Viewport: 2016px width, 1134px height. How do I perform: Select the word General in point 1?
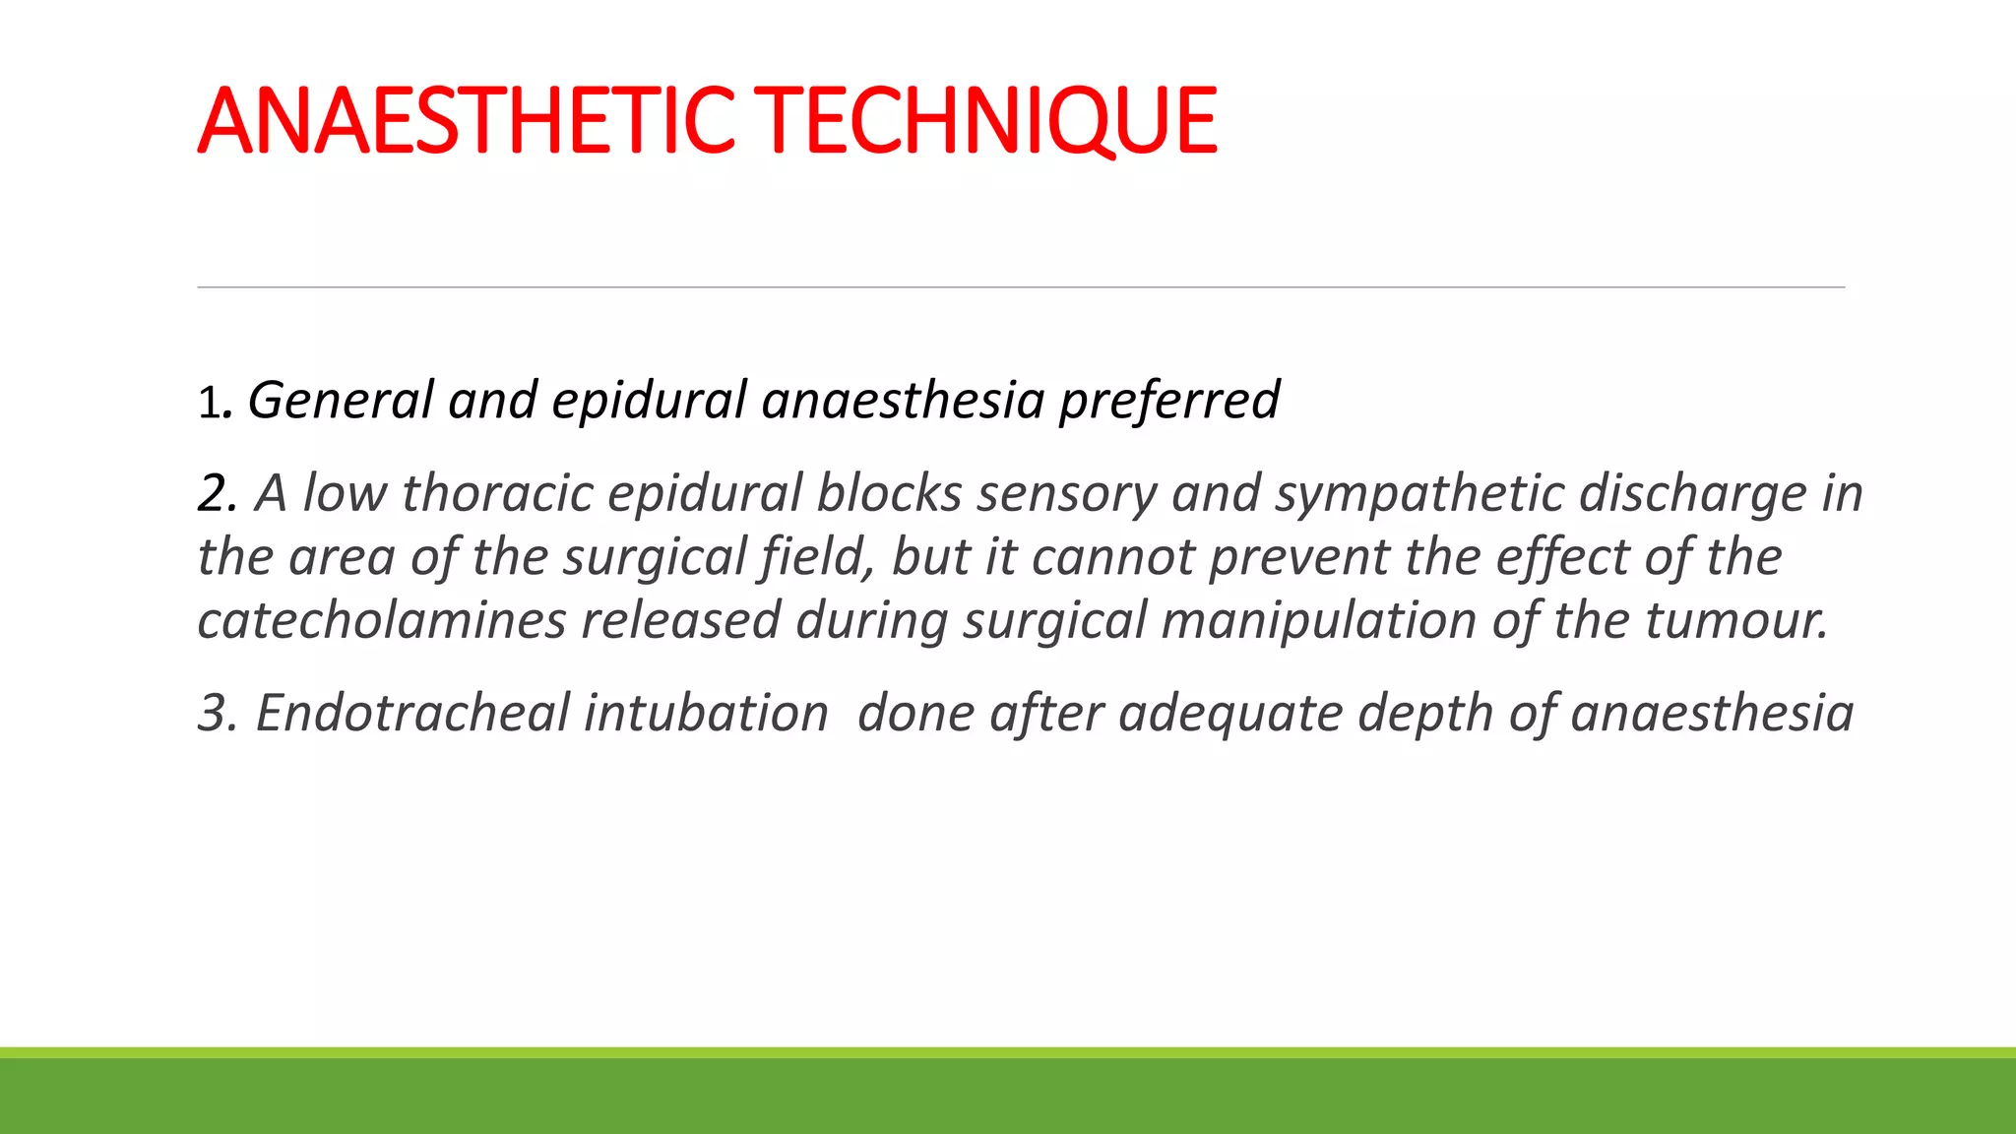click(x=340, y=400)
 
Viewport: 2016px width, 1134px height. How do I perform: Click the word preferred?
click(x=1168, y=400)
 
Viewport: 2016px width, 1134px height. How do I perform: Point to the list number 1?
click(x=208, y=402)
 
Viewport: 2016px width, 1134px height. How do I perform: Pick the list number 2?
click(x=216, y=493)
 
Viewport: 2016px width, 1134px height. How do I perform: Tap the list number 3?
click(x=216, y=713)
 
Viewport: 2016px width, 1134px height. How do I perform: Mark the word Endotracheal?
click(x=411, y=713)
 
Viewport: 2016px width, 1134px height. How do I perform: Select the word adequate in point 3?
click(x=1230, y=713)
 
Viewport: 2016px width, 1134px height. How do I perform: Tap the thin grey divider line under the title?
click(x=1021, y=287)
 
